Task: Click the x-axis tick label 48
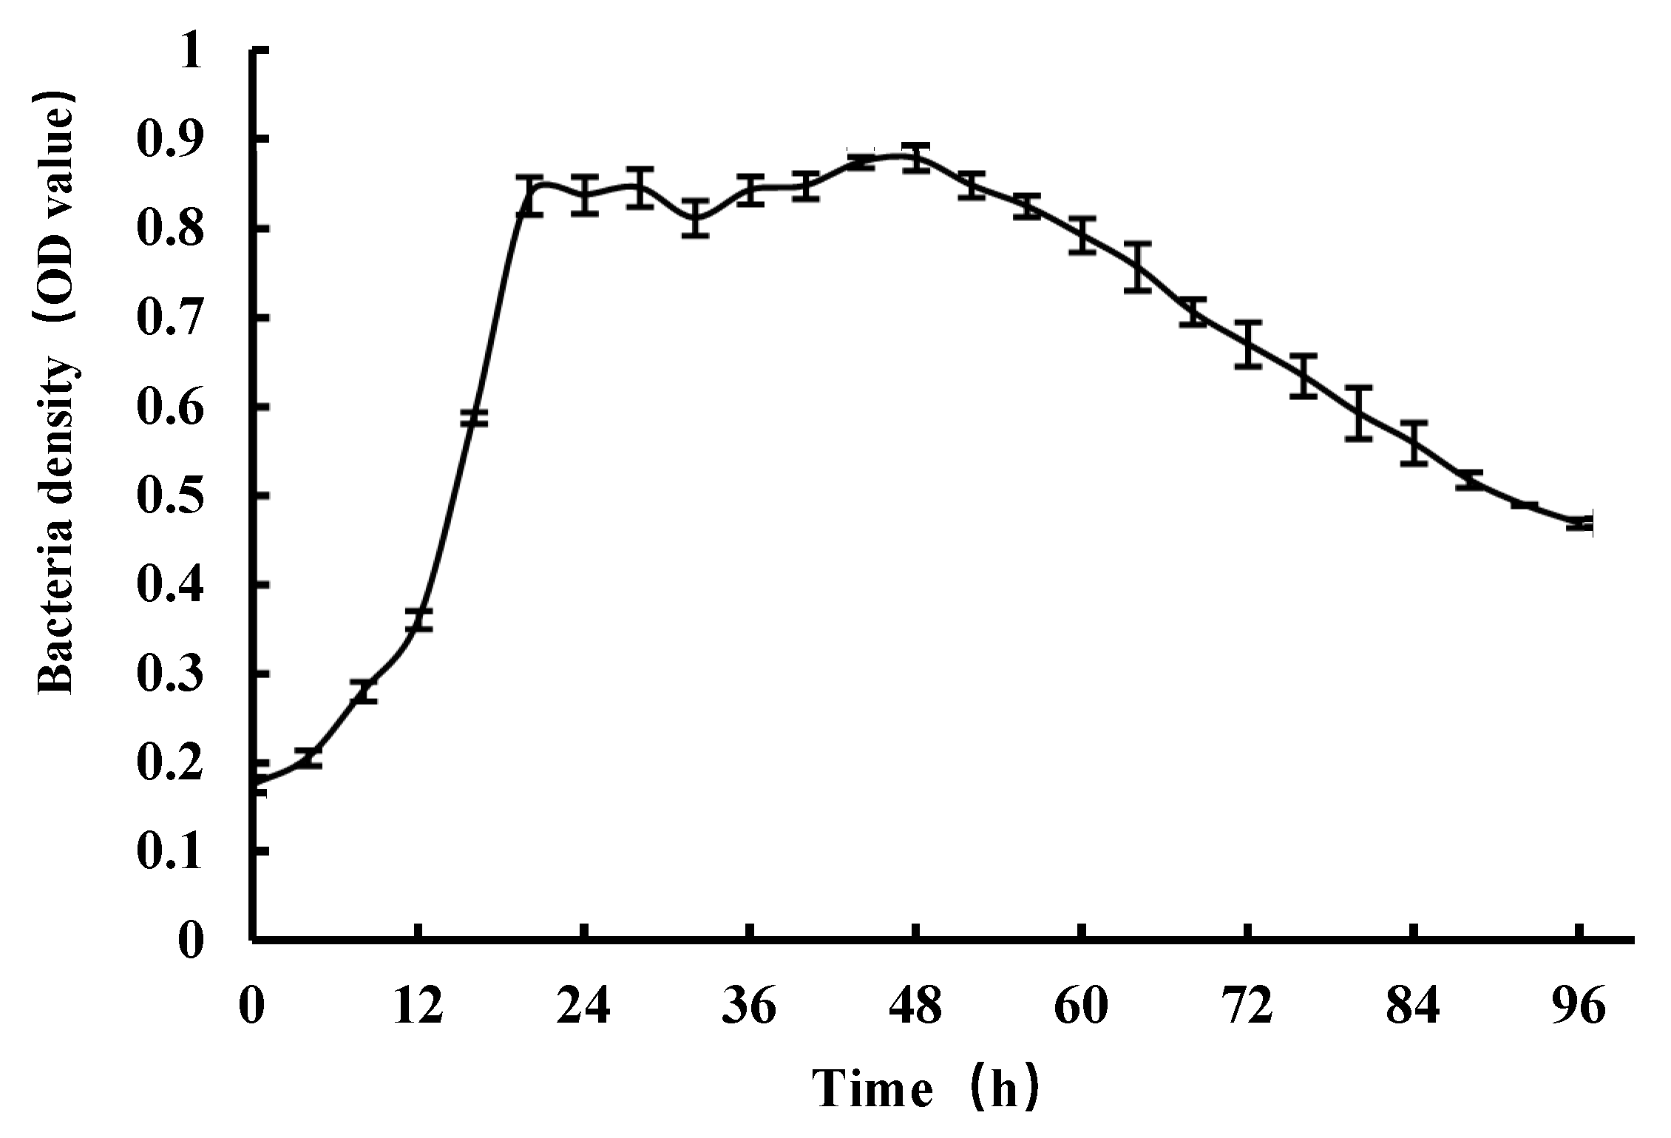click(x=916, y=1007)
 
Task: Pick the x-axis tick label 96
click(x=1579, y=1007)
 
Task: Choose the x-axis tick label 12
click(x=418, y=1007)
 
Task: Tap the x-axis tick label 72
click(x=1248, y=1007)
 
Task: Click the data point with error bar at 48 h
click(x=916, y=158)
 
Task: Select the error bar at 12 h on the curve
click(x=418, y=620)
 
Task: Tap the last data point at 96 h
click(x=1579, y=524)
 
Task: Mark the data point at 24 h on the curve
click(x=585, y=195)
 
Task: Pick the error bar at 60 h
click(x=1082, y=236)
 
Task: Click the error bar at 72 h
click(x=1248, y=345)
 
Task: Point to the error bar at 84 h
click(x=1414, y=443)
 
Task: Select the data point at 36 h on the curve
click(x=750, y=191)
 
